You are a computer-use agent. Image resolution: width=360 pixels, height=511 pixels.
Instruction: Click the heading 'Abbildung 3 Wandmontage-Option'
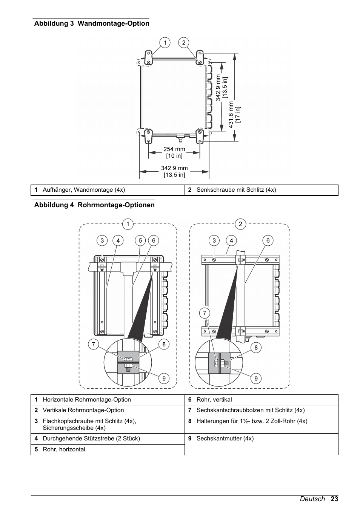[92, 23]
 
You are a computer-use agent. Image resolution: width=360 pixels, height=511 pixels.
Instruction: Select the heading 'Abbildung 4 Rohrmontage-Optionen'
[94, 205]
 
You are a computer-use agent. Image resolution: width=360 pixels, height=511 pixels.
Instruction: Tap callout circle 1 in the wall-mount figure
[165, 43]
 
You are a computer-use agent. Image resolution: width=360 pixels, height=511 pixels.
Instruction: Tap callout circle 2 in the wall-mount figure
[184, 43]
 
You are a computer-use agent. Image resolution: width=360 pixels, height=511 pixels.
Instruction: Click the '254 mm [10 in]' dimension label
[174, 152]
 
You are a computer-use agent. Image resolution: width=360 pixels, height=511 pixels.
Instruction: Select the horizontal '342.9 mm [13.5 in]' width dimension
[174, 171]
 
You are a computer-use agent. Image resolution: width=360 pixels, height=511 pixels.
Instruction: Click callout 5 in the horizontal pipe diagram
[140, 240]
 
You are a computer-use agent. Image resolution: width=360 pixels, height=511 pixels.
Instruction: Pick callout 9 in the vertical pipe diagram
[256, 378]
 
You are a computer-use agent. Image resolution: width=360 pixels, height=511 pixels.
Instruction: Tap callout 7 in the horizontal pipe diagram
[93, 344]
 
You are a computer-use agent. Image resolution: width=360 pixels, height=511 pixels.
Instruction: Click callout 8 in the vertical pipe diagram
[256, 348]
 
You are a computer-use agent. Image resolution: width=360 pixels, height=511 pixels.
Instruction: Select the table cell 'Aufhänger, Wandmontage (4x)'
[84, 190]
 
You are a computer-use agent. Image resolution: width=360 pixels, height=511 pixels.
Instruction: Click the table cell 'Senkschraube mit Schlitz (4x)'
[236, 190]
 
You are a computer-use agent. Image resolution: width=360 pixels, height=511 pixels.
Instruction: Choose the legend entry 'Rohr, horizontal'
[64, 449]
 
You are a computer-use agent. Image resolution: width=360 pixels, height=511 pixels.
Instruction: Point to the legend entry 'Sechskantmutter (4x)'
[225, 439]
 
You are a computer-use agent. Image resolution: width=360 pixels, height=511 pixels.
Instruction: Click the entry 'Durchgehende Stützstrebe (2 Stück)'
[91, 439]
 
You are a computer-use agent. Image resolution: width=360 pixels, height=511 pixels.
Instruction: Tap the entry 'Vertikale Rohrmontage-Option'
[83, 410]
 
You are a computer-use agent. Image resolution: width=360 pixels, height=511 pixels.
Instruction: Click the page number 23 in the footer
[334, 499]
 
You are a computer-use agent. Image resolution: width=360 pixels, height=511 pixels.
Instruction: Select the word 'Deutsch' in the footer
[312, 499]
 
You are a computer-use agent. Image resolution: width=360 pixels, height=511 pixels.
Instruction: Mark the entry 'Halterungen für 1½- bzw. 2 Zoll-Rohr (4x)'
[252, 421]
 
